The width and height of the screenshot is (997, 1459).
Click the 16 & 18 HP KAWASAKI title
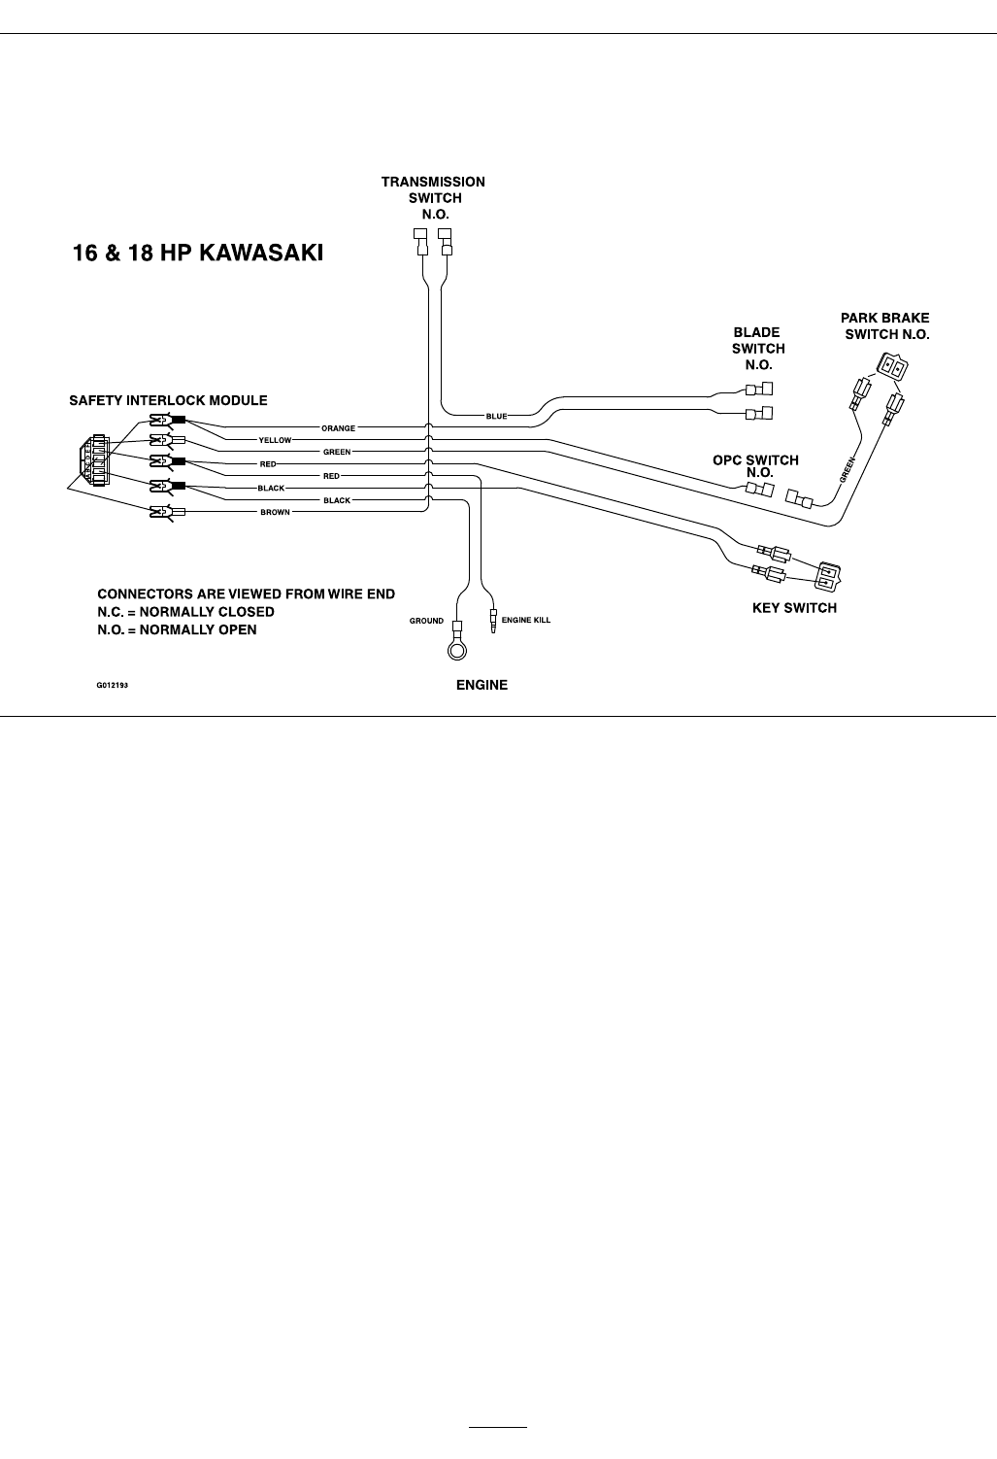(x=198, y=254)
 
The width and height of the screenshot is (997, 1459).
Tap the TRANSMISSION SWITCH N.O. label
(x=433, y=197)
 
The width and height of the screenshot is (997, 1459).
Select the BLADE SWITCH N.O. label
(x=757, y=349)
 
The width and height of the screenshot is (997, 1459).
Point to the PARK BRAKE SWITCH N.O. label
(x=884, y=325)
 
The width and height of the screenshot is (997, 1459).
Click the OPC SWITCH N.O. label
(x=755, y=466)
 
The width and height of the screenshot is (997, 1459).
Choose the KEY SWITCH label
(x=794, y=608)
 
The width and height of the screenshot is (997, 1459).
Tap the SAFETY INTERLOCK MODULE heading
(x=168, y=400)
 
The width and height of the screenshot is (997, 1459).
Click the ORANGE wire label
(x=339, y=428)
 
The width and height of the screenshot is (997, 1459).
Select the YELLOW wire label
(x=275, y=440)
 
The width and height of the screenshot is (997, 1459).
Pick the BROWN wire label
(x=275, y=512)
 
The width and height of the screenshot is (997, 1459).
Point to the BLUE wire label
(x=496, y=417)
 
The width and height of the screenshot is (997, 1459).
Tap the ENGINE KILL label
(x=525, y=621)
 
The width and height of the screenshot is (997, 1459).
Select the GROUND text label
(x=426, y=621)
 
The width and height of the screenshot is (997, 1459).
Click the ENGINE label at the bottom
(x=482, y=685)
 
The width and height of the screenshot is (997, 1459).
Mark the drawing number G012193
(x=112, y=685)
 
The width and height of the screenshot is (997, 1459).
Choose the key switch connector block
(x=828, y=576)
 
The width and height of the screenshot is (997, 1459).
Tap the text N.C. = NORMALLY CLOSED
(x=185, y=612)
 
